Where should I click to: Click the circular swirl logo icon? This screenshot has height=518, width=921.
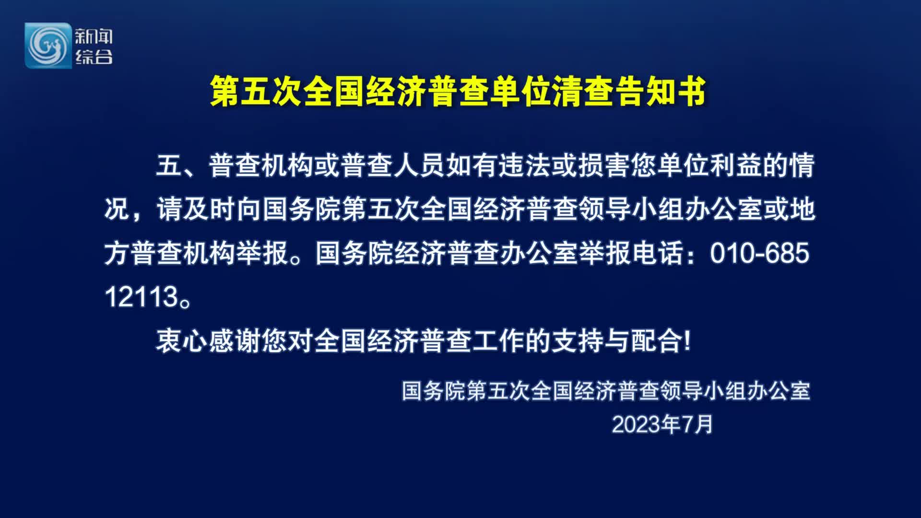[48, 46]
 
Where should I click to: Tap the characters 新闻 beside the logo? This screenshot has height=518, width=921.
[94, 36]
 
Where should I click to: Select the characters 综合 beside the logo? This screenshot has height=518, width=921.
[94, 57]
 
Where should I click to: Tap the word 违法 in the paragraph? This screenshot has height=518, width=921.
[525, 165]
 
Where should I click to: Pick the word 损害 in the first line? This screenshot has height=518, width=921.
[604, 165]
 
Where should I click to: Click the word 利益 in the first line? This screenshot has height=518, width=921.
[736, 165]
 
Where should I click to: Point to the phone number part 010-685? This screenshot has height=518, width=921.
[759, 253]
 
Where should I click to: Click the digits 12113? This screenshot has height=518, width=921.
[142, 297]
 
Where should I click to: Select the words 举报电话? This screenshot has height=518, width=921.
[631, 253]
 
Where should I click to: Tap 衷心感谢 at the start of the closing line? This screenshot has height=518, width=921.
[208, 341]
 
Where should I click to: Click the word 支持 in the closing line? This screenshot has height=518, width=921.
[578, 341]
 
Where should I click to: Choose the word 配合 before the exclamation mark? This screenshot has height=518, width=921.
[657, 341]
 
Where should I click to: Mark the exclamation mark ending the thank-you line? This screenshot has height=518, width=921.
[688, 341]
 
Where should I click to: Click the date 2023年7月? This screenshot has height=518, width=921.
[662, 424]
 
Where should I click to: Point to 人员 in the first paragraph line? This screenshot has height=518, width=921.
[419, 165]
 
